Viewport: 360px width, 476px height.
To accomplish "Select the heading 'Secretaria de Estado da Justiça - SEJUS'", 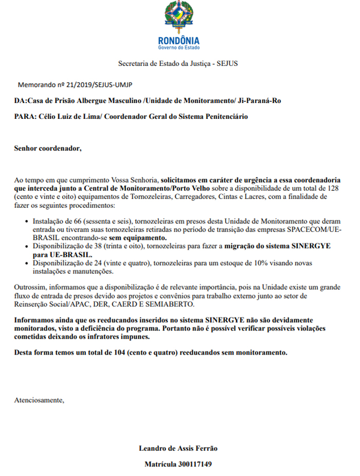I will click(x=178, y=64).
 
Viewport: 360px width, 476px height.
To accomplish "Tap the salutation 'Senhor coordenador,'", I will click(x=48, y=149).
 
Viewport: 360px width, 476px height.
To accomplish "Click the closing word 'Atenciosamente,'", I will click(x=40, y=400).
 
